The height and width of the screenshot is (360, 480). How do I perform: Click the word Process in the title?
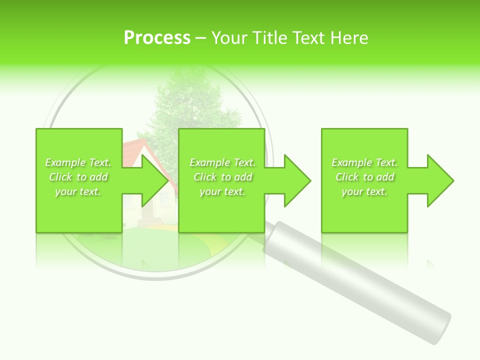click(x=157, y=38)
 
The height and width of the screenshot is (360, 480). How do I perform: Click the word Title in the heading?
click(x=268, y=38)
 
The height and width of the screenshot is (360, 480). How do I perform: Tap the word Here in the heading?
click(x=349, y=38)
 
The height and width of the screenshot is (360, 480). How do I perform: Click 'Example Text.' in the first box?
click(x=78, y=162)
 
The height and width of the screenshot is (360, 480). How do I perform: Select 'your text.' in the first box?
click(x=78, y=191)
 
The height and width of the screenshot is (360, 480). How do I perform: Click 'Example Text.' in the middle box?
click(x=222, y=162)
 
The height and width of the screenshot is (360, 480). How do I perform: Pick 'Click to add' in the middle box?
click(x=222, y=177)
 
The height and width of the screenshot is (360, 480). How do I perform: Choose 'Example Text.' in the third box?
click(x=364, y=162)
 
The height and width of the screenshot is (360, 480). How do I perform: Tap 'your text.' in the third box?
click(x=364, y=191)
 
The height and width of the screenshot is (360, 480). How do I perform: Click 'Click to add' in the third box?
click(x=364, y=177)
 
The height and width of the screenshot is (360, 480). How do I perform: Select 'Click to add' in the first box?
click(x=78, y=177)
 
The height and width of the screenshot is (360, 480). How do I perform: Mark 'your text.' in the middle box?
click(x=222, y=191)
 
